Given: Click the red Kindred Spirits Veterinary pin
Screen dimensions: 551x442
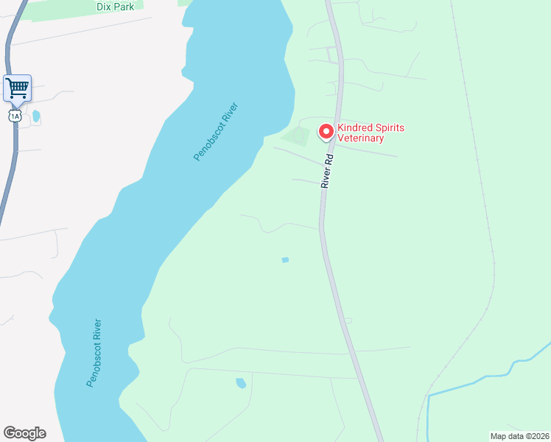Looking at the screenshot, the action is pos(326,131).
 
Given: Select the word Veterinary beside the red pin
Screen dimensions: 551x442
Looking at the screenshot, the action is pos(361,138).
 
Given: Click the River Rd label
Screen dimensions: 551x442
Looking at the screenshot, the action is pos(328,171).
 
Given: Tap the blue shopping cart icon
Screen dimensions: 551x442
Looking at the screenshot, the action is pos(17,88).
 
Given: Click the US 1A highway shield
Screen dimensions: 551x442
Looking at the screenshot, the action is pos(14,116).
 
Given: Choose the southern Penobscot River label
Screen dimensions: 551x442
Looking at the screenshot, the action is pos(94,353).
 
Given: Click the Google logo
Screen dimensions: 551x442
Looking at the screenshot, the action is pos(24,433).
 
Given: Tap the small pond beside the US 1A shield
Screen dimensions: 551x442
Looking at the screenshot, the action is pos(36,116).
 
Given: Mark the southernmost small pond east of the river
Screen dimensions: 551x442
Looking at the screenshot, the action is pos(240,383).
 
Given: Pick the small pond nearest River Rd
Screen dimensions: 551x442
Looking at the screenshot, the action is pos(285,259).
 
